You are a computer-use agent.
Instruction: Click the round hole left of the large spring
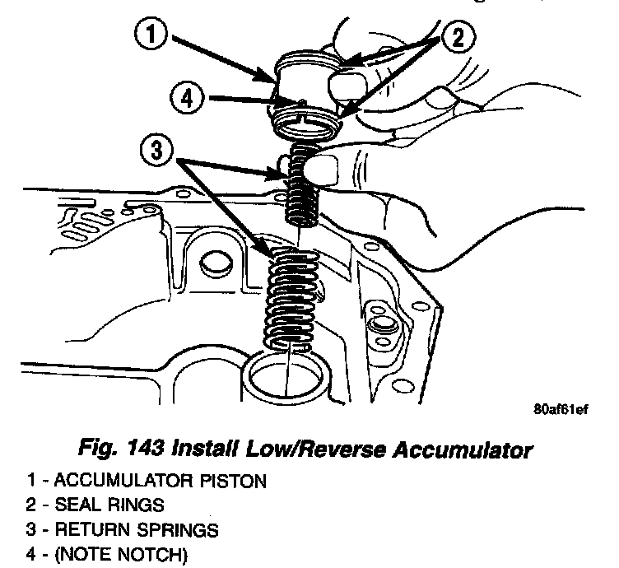click(215, 263)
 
